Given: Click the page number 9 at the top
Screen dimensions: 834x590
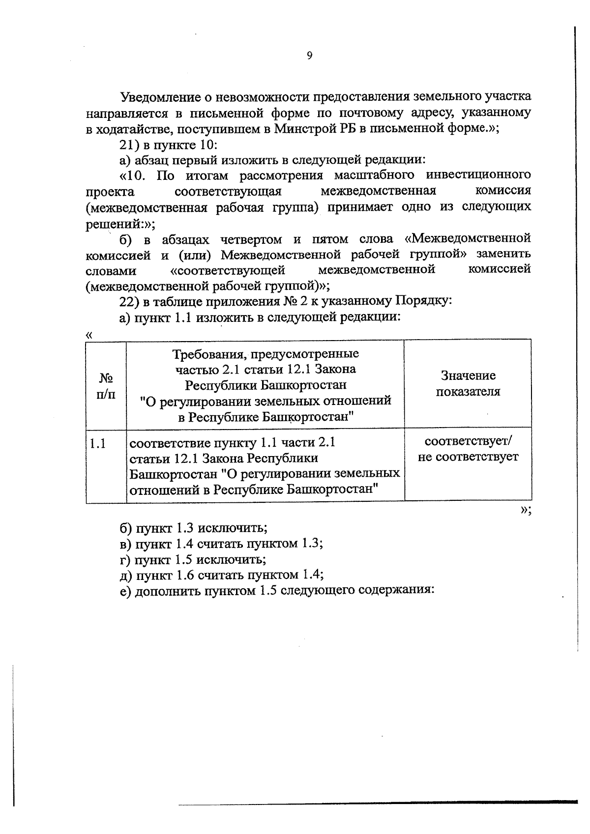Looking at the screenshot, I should (x=309, y=56).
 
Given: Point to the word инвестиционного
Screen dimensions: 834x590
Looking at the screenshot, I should (x=478, y=175).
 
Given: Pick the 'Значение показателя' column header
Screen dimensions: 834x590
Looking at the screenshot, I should (x=468, y=383).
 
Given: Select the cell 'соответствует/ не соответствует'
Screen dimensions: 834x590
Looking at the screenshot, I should (x=468, y=449).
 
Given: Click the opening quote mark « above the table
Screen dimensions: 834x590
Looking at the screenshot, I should (x=89, y=334).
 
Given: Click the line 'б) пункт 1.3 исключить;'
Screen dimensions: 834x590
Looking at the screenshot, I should (x=194, y=528).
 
